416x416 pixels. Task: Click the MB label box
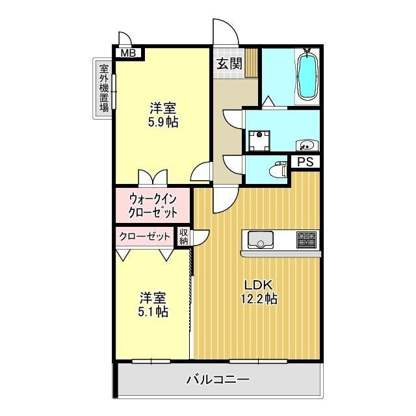coord(127,53)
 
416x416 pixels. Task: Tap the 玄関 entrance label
coord(229,64)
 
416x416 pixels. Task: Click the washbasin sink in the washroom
coord(305,144)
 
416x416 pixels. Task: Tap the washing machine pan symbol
coord(261,141)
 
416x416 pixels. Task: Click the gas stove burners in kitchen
coord(306,240)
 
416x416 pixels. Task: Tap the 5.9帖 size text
coord(163,122)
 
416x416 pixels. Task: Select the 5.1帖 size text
coord(153,312)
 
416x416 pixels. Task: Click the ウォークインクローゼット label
coord(153,205)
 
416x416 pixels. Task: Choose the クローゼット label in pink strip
coord(145,237)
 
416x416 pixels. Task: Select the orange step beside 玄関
coord(252,64)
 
